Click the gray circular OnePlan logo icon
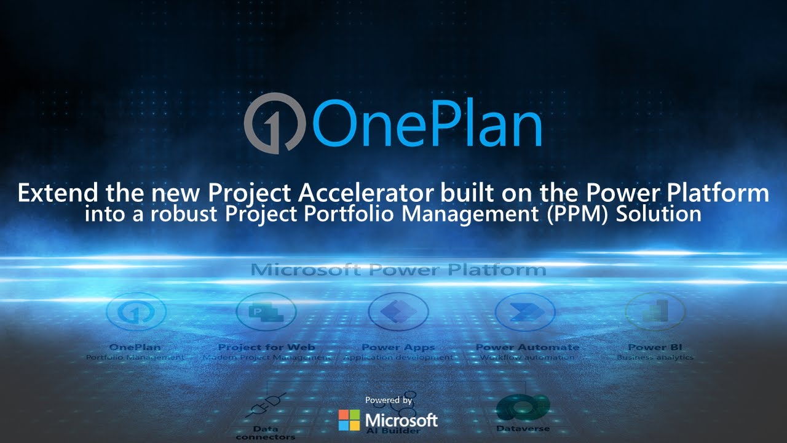[275, 123]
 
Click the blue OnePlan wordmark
[427, 123]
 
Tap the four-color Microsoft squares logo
[349, 420]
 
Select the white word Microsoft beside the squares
[401, 420]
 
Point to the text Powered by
[389, 400]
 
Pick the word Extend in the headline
[57, 193]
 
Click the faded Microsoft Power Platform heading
[398, 269]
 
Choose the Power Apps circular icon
[398, 312]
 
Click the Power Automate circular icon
[526, 312]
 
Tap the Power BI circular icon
[655, 312]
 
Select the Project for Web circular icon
[266, 312]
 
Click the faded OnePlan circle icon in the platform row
[135, 313]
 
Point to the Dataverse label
[523, 428]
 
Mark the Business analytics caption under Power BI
[655, 357]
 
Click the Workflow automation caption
[527, 357]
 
